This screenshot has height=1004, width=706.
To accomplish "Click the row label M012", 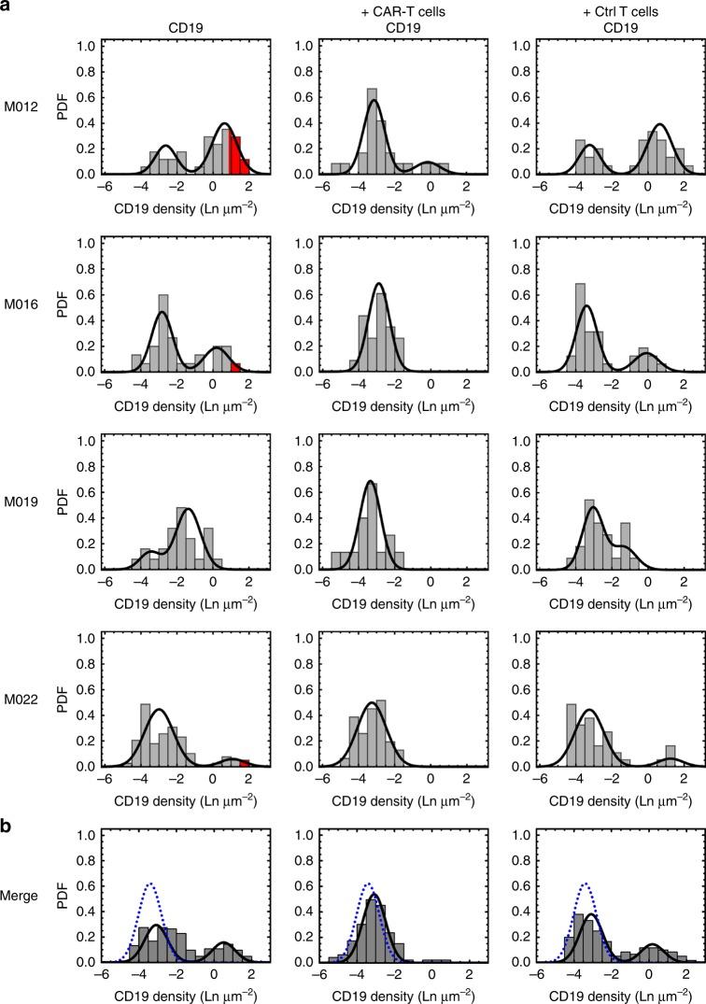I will click(21, 106).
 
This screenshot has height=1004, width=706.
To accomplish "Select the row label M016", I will click(21, 304).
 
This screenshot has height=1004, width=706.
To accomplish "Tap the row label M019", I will click(21, 502).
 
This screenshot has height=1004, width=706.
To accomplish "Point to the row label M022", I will click(21, 700).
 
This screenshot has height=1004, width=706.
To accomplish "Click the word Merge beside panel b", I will click(21, 896).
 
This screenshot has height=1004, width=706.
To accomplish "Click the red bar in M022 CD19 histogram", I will click(245, 764).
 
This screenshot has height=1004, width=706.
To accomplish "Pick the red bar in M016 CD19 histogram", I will click(235, 367).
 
